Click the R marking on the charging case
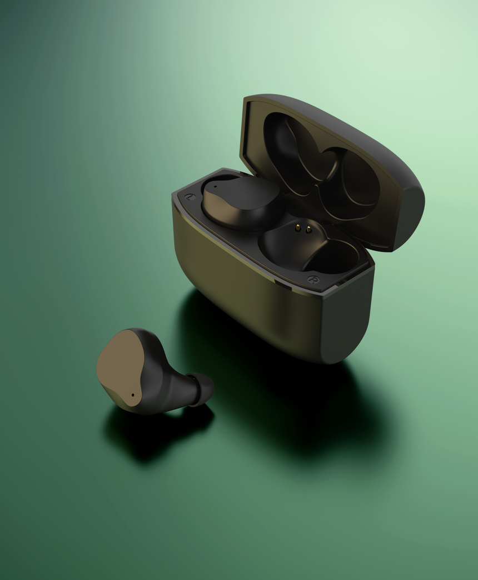(x=313, y=280)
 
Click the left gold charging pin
(x=298, y=228)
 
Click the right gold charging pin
(x=308, y=230)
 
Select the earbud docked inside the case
(x=242, y=203)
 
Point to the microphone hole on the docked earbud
(x=216, y=186)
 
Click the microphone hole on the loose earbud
(x=133, y=395)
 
